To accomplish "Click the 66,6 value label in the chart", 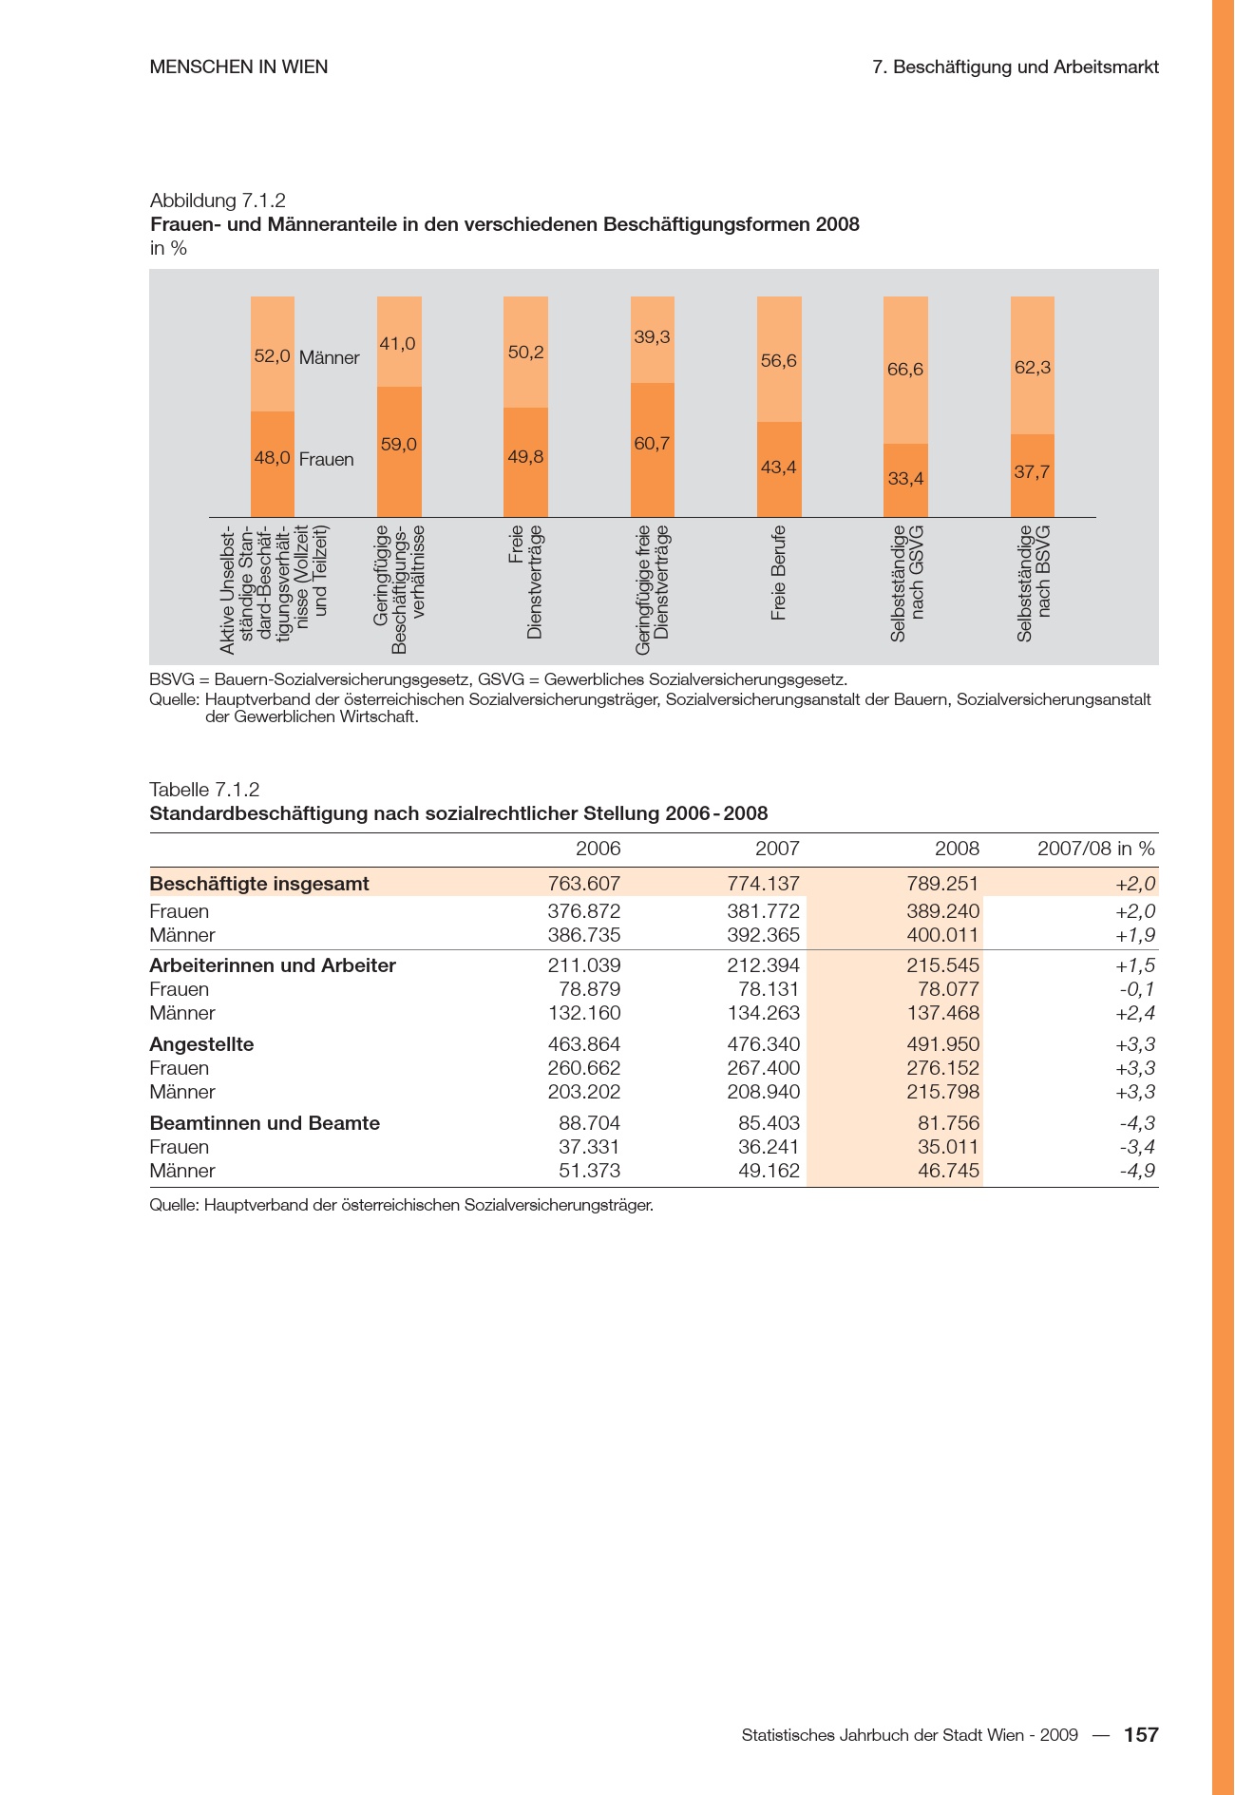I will click(x=904, y=370).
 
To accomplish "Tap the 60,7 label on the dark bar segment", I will click(x=652, y=443).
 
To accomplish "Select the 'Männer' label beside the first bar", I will click(x=329, y=358).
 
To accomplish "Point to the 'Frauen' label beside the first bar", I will click(x=326, y=460).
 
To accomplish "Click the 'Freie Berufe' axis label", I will click(x=779, y=573).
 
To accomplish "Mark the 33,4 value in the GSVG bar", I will click(x=904, y=479).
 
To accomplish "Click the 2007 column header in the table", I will click(x=777, y=849).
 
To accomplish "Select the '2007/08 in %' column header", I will click(x=1095, y=849).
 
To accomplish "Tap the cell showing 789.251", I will click(x=941, y=884).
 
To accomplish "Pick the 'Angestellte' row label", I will click(x=201, y=1044).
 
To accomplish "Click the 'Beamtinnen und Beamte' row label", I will click(x=264, y=1123).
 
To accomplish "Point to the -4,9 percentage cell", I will click(x=1137, y=1171).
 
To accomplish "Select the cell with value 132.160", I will click(x=584, y=1013).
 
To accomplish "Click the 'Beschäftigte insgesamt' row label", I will click(x=259, y=884).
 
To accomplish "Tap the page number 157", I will click(x=1141, y=1735).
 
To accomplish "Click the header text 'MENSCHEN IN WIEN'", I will click(x=238, y=67).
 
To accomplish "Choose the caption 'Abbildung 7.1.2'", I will click(x=218, y=201).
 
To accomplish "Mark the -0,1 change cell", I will click(x=1137, y=989).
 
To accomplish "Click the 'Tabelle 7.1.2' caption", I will click(x=204, y=790).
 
